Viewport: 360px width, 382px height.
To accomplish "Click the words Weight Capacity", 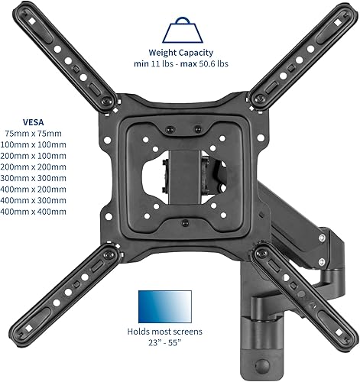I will tap(181, 53).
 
